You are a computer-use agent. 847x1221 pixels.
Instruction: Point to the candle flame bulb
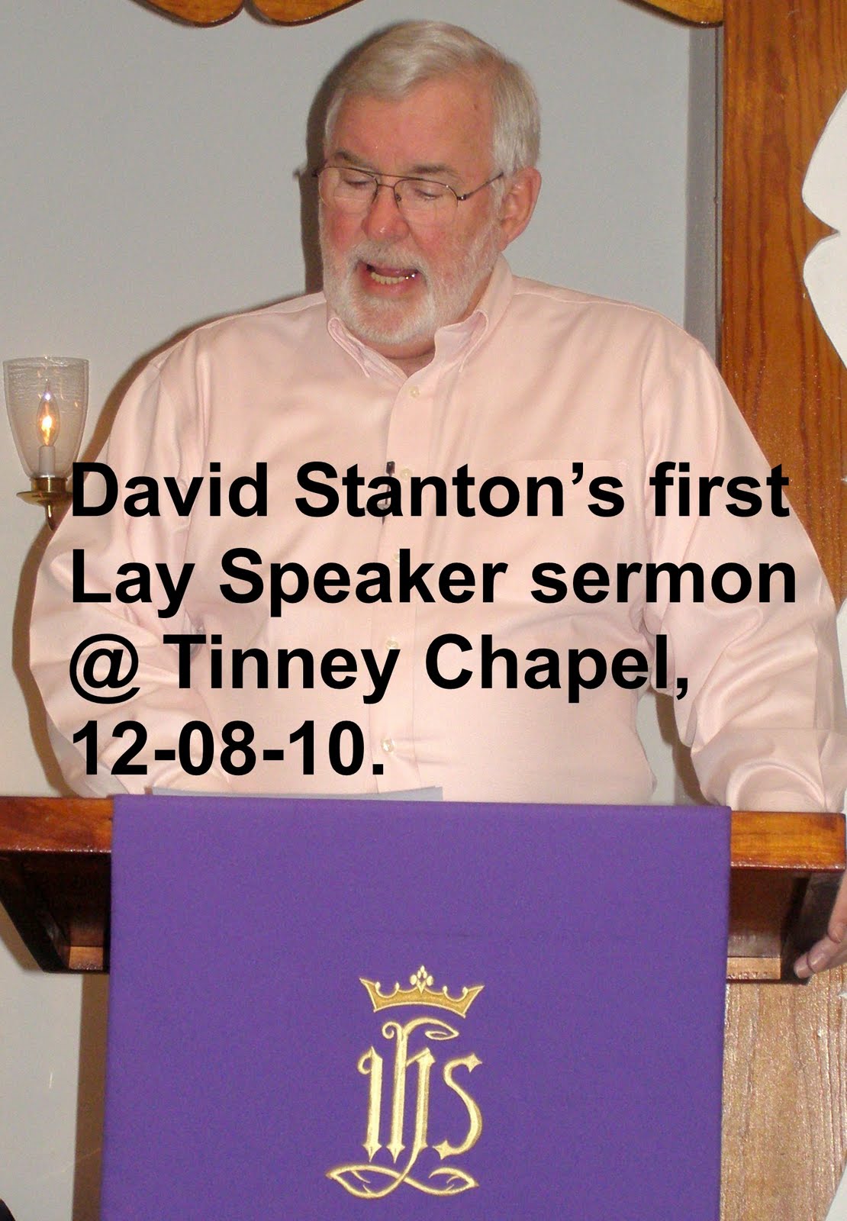[47, 420]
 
